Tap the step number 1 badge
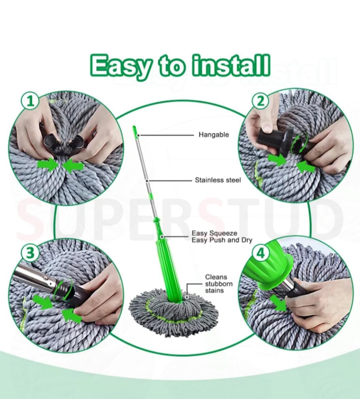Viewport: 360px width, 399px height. tap(30, 101)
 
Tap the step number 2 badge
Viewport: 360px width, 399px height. tap(260, 101)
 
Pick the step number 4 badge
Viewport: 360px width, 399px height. tap(261, 253)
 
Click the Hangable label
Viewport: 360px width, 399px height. tap(213, 135)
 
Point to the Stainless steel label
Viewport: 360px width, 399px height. tap(218, 180)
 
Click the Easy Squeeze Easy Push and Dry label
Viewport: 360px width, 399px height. tap(222, 237)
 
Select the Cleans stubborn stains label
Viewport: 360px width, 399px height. tap(219, 284)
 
